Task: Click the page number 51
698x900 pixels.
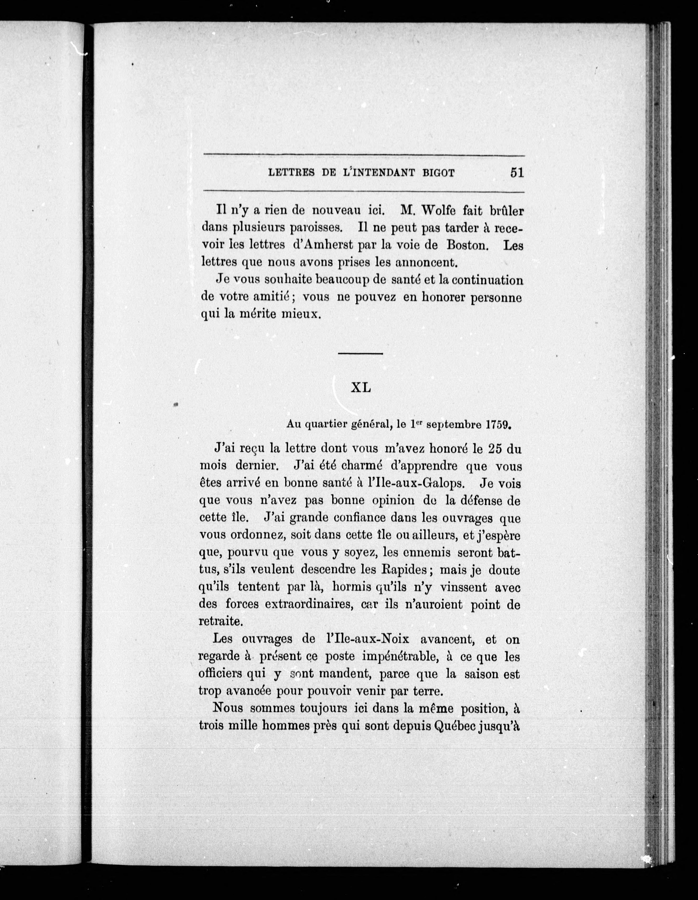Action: (516, 172)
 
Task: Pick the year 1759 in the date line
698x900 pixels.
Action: (498, 425)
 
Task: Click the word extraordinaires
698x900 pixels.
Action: (310, 604)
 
